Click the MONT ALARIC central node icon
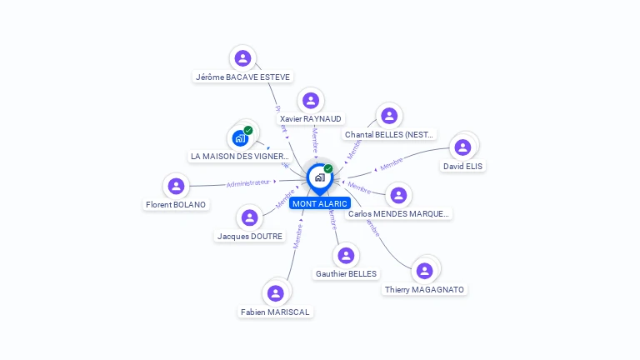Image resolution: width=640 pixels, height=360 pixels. pos(319,177)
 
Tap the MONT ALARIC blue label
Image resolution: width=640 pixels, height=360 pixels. pos(320,203)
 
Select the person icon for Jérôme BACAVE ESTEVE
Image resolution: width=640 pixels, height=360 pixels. pos(242,58)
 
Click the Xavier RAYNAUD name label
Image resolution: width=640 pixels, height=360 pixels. pos(311,119)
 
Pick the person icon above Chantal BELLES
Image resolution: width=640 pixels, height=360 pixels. pos(388,116)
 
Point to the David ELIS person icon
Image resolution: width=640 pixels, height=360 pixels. pos(462,147)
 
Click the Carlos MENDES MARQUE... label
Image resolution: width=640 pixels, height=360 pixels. pos(399,214)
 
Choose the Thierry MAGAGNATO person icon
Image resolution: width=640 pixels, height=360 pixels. pos(425,271)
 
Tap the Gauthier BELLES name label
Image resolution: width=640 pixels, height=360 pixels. pos(346,274)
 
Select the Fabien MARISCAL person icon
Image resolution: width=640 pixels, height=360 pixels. pos(275,293)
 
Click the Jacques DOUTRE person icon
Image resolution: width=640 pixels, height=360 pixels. pos(249,217)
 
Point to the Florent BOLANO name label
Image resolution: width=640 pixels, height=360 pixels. pos(176,205)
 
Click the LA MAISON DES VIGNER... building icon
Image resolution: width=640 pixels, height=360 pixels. pos(240,137)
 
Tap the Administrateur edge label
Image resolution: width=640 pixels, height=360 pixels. pos(248,182)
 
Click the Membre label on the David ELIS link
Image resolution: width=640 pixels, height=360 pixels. pos(391,162)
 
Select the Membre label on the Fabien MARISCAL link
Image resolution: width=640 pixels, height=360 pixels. pos(297,236)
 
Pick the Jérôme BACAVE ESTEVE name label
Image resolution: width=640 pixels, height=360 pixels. pos(242,77)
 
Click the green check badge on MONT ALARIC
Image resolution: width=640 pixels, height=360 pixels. pos(328,168)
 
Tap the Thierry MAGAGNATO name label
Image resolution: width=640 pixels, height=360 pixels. pos(425,290)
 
